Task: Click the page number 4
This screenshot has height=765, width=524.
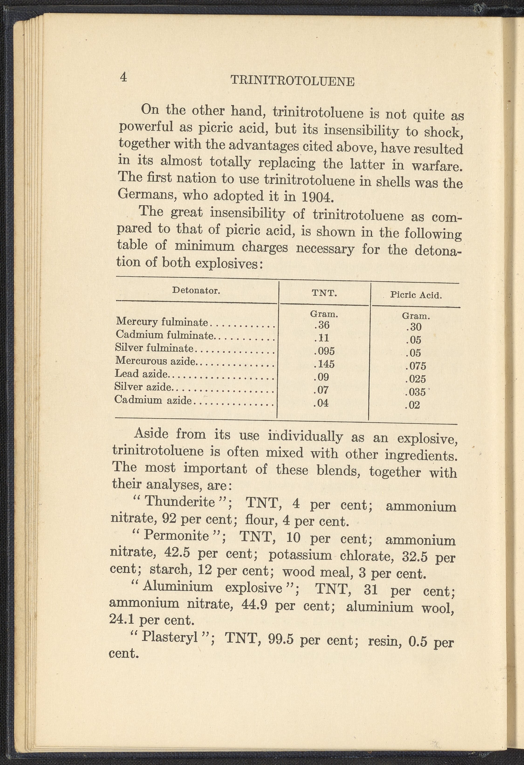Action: [x=123, y=77]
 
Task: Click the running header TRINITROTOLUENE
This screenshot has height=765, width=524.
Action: [x=292, y=81]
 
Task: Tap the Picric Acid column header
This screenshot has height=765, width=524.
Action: [x=416, y=295]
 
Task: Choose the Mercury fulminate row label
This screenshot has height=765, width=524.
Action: [x=162, y=321]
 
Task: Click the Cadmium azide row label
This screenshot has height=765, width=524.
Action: [x=153, y=400]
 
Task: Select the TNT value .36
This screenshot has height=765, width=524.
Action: [x=322, y=325]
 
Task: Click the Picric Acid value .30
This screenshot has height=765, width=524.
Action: [x=414, y=327]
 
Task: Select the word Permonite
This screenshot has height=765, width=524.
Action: [x=177, y=535]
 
